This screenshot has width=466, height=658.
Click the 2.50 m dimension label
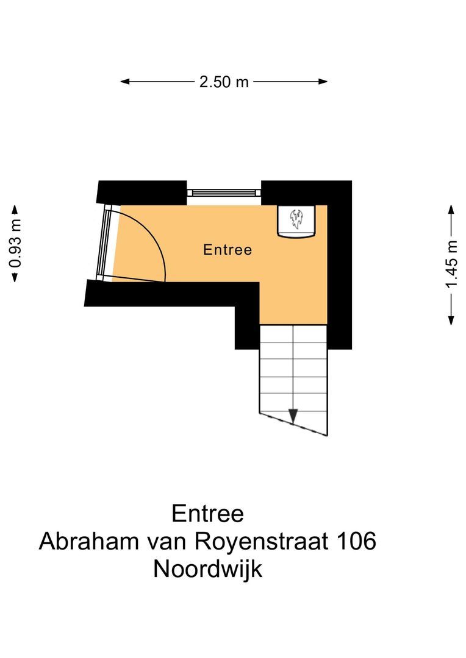[224, 82]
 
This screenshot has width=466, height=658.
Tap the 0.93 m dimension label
[15, 242]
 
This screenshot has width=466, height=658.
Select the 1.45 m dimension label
[451, 264]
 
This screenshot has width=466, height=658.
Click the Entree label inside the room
[228, 250]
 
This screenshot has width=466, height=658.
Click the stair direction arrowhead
[293, 416]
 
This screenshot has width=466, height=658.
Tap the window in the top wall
[224, 193]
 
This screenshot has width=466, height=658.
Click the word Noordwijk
[208, 569]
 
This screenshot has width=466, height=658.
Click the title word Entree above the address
[208, 513]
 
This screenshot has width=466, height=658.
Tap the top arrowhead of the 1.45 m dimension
[451, 209]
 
